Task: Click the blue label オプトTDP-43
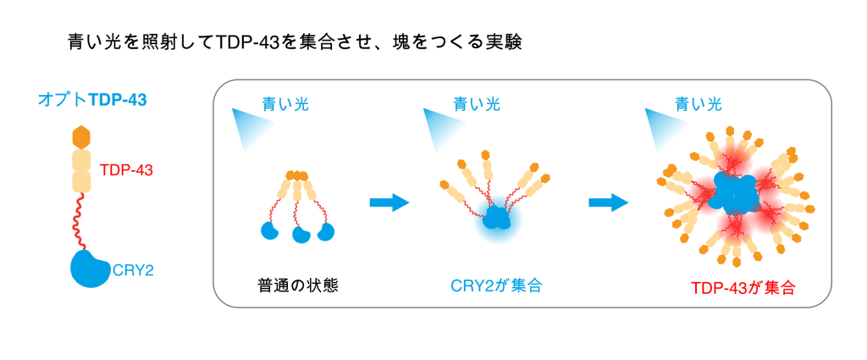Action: (92, 99)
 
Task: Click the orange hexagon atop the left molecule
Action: (80, 136)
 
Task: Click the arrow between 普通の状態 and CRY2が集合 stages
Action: (389, 202)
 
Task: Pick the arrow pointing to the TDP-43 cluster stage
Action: (608, 202)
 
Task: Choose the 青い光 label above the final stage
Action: (698, 104)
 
